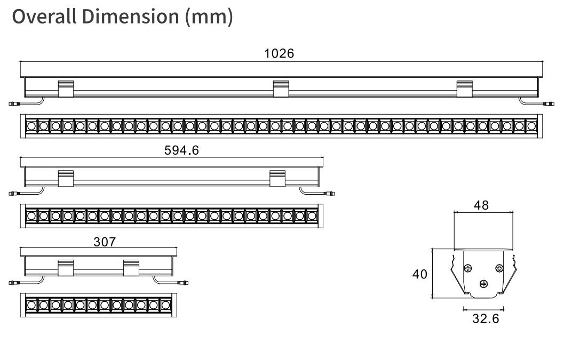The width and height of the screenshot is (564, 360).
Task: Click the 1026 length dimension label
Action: click(279, 53)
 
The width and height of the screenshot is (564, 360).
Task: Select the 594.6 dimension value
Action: click(181, 150)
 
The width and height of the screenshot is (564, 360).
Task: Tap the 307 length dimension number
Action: click(105, 242)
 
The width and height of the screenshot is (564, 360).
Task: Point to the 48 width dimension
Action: click(481, 205)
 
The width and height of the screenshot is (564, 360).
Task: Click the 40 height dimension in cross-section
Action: click(420, 274)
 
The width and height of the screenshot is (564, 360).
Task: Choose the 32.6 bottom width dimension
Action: click(486, 318)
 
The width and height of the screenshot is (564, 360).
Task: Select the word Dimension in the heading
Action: click(131, 17)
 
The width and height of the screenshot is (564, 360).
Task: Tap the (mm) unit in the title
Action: click(209, 17)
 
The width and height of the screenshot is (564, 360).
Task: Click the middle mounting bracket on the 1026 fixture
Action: click(281, 89)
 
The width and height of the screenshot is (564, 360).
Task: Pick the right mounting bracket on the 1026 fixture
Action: click(465, 89)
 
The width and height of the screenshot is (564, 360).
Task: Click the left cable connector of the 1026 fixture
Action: click(14, 104)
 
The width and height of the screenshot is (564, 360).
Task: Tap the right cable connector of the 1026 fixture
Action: click(549, 104)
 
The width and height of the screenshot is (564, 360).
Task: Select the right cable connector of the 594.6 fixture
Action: click(329, 194)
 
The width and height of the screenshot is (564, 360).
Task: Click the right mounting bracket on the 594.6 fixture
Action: click(277, 178)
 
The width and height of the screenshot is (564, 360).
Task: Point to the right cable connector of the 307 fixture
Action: click(182, 283)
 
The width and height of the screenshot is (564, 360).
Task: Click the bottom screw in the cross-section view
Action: click(484, 284)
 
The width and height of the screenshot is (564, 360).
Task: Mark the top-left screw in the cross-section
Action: click(468, 268)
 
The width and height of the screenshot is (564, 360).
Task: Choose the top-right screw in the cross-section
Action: click(499, 268)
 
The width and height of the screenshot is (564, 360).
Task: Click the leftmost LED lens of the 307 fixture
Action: click(31, 305)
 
